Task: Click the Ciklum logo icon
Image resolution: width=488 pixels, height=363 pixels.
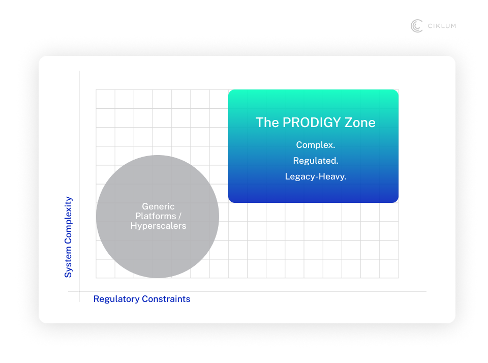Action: click(417, 26)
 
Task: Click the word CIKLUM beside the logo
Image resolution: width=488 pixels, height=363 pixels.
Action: click(441, 26)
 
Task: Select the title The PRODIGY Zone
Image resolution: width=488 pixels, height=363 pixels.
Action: click(315, 123)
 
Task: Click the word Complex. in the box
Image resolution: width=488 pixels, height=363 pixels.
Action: click(316, 145)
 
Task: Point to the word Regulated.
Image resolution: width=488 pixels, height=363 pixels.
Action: click(316, 161)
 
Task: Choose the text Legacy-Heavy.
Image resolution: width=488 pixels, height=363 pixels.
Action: click(316, 176)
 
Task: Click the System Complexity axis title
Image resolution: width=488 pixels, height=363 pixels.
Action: click(68, 237)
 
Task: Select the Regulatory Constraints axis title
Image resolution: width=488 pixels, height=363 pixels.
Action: click(142, 299)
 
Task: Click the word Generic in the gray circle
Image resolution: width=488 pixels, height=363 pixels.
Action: click(158, 206)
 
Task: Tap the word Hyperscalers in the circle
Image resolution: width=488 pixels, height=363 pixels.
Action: click(158, 226)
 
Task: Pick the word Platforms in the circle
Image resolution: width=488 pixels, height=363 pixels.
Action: click(155, 216)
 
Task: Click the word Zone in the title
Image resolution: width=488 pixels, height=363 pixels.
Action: click(360, 123)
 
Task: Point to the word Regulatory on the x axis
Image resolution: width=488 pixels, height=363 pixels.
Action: click(116, 299)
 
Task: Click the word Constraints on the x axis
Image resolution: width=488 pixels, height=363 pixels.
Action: click(166, 299)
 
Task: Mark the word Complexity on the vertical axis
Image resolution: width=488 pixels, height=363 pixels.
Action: click(68, 223)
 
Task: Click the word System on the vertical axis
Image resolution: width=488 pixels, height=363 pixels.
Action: click(68, 264)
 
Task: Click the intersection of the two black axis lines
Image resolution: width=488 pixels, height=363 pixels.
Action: click(79, 291)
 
